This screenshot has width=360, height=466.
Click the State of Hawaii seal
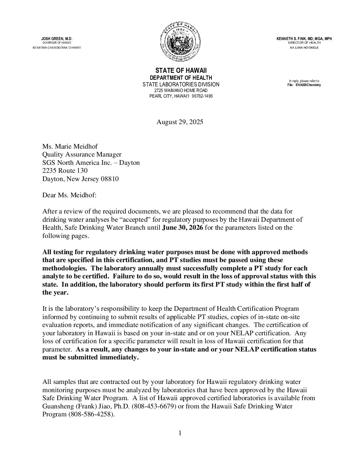click(181, 42)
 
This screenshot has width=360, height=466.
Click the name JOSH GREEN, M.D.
click(57, 39)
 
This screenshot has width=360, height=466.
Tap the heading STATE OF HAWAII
click(181, 71)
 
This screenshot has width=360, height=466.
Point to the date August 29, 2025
click(180, 122)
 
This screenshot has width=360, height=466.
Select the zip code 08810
click(110, 179)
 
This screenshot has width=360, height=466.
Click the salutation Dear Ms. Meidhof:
click(69, 195)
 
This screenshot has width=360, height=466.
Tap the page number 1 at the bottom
click(180, 433)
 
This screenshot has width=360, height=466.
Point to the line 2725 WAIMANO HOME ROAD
click(181, 90)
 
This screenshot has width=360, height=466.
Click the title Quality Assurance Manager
click(82, 155)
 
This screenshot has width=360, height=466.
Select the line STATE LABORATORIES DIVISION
click(181, 84)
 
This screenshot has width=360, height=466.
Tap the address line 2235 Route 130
click(65, 171)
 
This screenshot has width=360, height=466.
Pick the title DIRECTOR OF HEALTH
click(304, 43)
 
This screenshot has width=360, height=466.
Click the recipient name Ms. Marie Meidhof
click(70, 146)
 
